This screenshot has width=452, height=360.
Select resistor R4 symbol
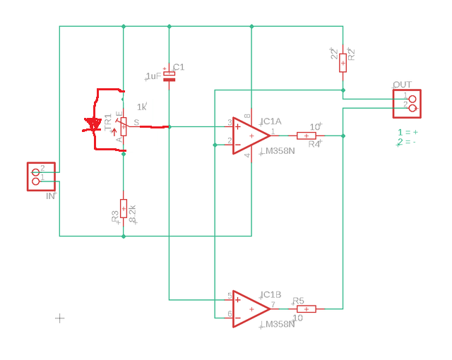(x=306, y=136)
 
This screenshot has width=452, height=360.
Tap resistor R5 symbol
(x=306, y=308)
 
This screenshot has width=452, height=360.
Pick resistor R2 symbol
(x=343, y=62)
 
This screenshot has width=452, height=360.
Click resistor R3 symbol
(x=124, y=208)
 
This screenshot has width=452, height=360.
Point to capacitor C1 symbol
(x=169, y=76)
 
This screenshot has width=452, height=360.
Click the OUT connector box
(x=407, y=104)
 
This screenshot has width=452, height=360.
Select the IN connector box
(x=41, y=176)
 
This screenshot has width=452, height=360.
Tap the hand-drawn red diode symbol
(x=93, y=126)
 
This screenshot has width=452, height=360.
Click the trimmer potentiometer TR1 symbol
(x=124, y=126)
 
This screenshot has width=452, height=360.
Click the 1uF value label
(x=153, y=76)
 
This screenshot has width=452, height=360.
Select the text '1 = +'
(x=408, y=132)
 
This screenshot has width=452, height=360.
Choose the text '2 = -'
(x=406, y=142)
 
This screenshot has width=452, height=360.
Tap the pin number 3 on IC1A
(x=230, y=123)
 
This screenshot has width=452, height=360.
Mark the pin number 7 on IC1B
(x=273, y=304)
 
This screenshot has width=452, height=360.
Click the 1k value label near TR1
(x=142, y=107)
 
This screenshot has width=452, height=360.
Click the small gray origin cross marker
(x=60, y=318)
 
